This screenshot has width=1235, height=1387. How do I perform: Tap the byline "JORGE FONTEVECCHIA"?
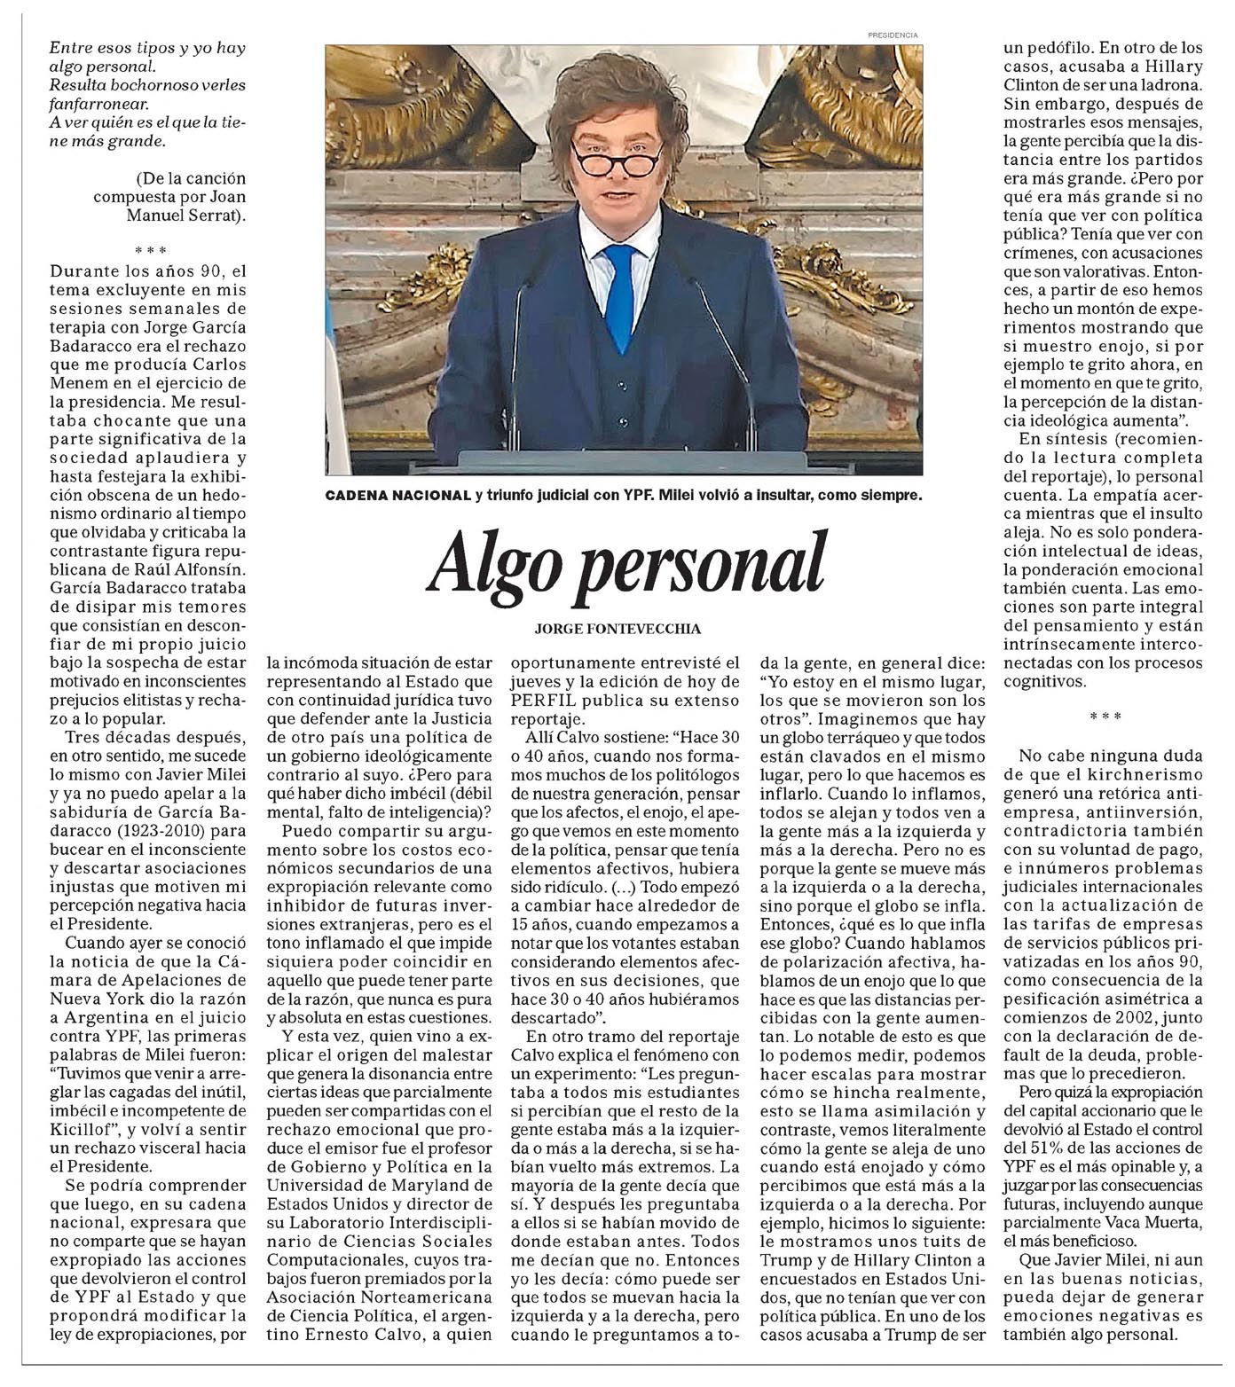(x=617, y=629)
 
